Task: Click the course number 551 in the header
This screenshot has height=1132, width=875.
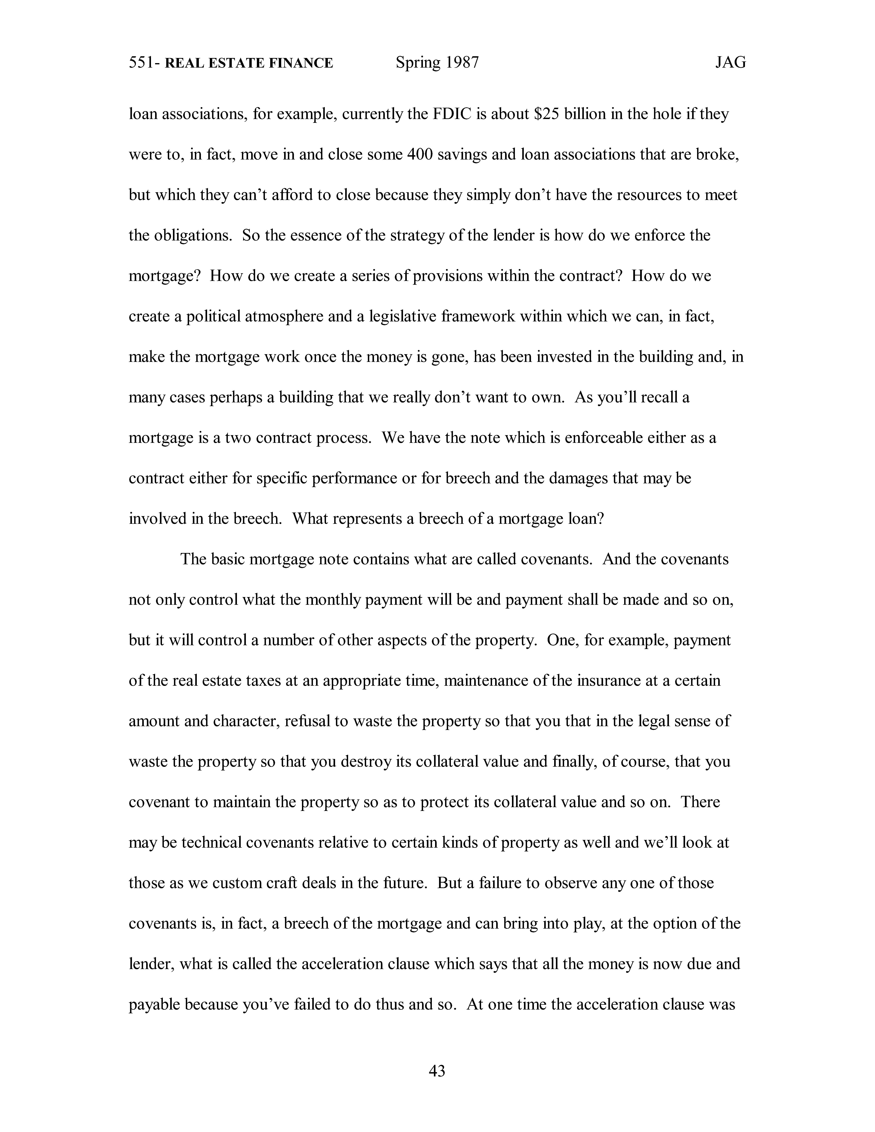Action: (140, 63)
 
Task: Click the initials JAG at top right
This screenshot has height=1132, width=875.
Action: (730, 63)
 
